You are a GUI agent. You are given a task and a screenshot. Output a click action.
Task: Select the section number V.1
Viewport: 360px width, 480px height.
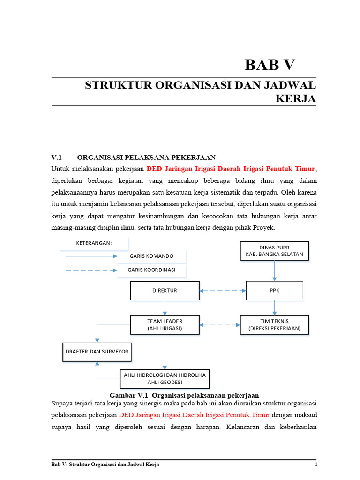[x=56, y=157]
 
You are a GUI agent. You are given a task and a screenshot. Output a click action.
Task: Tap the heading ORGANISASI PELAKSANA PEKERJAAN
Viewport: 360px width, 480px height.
[x=146, y=157]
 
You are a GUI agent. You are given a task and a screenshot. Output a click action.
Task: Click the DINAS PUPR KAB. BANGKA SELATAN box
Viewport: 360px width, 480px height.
[x=274, y=251]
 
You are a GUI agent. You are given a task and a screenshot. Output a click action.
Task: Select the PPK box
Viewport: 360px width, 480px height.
[x=275, y=291]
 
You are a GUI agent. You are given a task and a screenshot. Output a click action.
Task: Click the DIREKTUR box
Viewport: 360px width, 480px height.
[x=165, y=291]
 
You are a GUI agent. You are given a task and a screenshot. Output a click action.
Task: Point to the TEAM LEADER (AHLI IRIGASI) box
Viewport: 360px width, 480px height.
[x=165, y=324]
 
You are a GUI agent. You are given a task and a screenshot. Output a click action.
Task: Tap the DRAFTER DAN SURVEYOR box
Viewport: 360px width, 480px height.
[x=97, y=352]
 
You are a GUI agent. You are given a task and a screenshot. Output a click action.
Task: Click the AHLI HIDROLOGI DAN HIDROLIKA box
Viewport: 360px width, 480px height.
[x=165, y=379]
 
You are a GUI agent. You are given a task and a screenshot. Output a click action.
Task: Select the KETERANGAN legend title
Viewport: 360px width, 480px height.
[x=94, y=243]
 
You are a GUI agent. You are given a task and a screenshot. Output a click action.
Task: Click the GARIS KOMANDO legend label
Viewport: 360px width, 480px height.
[x=151, y=256]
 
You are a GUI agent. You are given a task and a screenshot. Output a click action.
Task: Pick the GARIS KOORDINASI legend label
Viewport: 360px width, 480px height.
[x=151, y=270]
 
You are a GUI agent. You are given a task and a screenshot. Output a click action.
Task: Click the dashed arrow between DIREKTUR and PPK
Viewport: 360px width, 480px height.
[x=223, y=291]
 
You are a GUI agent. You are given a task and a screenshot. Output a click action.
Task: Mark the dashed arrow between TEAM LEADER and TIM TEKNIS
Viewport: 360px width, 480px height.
[x=220, y=324]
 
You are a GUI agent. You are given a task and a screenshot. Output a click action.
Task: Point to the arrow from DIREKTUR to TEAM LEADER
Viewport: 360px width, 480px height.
[x=165, y=307]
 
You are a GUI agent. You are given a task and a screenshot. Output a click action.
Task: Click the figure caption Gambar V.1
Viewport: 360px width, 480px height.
[x=184, y=395]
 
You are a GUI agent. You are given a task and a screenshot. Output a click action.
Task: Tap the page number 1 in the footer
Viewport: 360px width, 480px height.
[x=316, y=465]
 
